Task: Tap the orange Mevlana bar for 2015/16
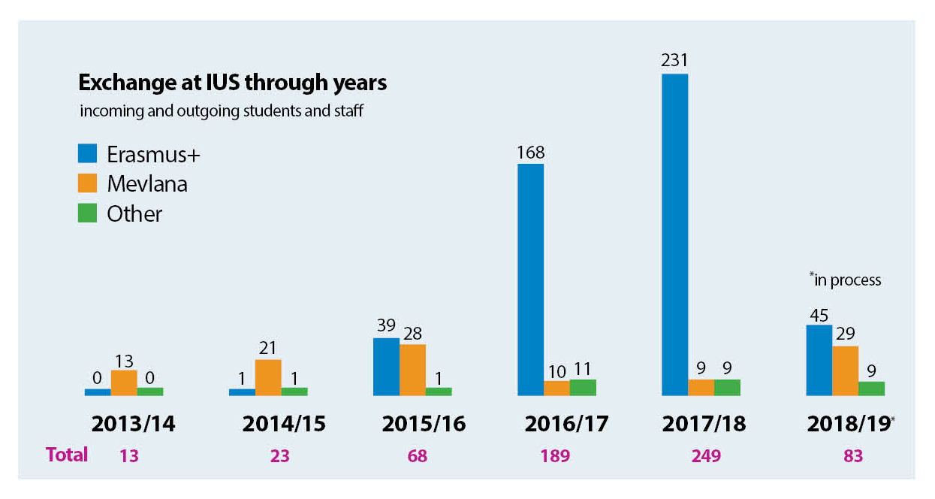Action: (412, 370)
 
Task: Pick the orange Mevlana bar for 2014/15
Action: (268, 377)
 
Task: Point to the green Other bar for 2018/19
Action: (871, 388)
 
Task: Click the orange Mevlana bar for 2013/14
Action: (124, 383)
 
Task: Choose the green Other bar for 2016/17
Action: (583, 387)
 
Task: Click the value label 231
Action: (674, 60)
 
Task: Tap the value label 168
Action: (530, 151)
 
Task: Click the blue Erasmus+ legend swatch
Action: (88, 154)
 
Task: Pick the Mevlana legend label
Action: (146, 184)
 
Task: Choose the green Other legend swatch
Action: (88, 213)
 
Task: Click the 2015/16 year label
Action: (424, 424)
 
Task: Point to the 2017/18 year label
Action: (704, 424)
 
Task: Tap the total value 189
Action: (555, 455)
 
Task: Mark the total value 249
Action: (704, 455)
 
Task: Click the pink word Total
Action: (67, 455)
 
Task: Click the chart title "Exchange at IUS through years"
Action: (233, 82)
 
